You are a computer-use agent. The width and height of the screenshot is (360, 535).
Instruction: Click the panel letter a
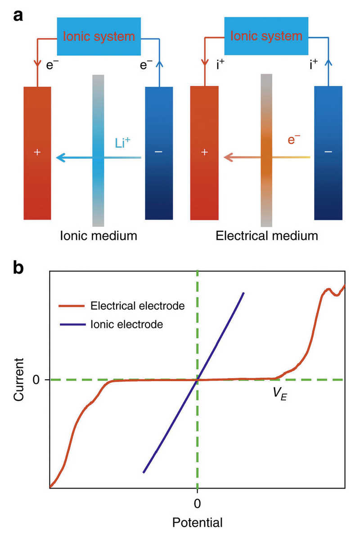18,16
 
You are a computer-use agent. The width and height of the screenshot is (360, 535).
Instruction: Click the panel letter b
18,267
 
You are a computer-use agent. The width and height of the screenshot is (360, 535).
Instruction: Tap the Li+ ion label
122,142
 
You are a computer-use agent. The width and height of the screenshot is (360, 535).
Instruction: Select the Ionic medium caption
99,236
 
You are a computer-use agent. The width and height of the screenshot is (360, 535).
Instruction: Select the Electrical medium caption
266,236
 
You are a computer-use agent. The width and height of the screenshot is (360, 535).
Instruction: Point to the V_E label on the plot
280,394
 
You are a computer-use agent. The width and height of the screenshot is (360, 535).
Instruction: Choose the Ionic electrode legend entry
111,324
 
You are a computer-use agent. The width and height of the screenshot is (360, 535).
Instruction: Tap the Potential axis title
197,522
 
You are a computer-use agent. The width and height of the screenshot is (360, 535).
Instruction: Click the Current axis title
19,379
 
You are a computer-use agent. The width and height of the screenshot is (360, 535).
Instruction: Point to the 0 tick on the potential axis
197,503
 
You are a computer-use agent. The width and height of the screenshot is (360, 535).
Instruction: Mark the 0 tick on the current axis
36,379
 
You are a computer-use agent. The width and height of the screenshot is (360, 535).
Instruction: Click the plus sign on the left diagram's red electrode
37,152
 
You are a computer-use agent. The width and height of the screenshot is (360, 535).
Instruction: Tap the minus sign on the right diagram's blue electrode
328,152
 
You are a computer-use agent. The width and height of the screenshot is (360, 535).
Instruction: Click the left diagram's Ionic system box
99,36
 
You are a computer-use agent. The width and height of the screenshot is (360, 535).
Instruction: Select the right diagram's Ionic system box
266,36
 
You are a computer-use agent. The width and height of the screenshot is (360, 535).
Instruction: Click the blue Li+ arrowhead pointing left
61,157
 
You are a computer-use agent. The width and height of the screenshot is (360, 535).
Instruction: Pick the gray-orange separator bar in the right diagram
266,150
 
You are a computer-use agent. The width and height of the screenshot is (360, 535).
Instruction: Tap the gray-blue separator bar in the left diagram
98,150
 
